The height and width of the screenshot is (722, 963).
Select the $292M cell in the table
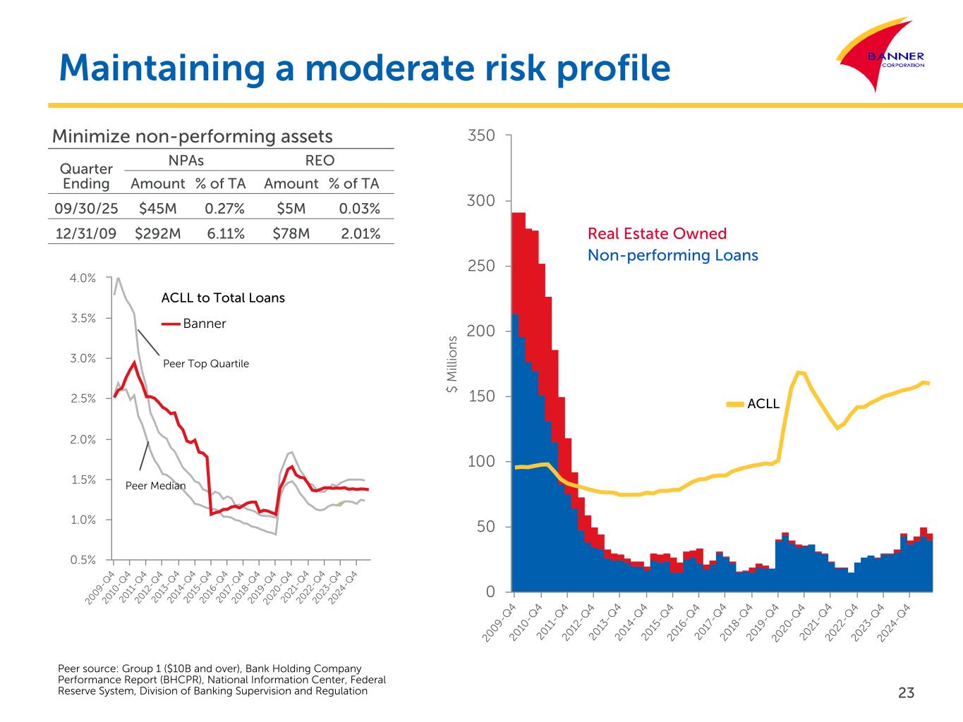coord(157,233)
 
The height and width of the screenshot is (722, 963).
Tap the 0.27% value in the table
coord(224,209)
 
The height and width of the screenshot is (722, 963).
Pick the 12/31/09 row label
coord(85,233)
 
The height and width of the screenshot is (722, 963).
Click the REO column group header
coord(320,160)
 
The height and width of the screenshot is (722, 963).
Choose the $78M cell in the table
coord(291,233)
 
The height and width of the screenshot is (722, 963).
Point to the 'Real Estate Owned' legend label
coord(657,233)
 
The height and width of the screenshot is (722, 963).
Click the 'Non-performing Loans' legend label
coord(672,255)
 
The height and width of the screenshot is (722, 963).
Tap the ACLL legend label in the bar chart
coord(763,404)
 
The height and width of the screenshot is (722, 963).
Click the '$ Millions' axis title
coord(453,375)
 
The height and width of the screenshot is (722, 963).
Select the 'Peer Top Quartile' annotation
coord(206,364)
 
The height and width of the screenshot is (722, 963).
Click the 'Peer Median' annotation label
coord(155,486)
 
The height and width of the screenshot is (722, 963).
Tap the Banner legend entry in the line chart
coord(204,324)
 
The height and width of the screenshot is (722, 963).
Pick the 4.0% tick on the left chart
coord(83,278)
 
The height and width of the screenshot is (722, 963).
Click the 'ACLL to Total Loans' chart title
coord(223,298)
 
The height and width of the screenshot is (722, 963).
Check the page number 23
coord(906,693)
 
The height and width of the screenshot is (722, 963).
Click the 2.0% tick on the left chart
coord(83,439)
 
